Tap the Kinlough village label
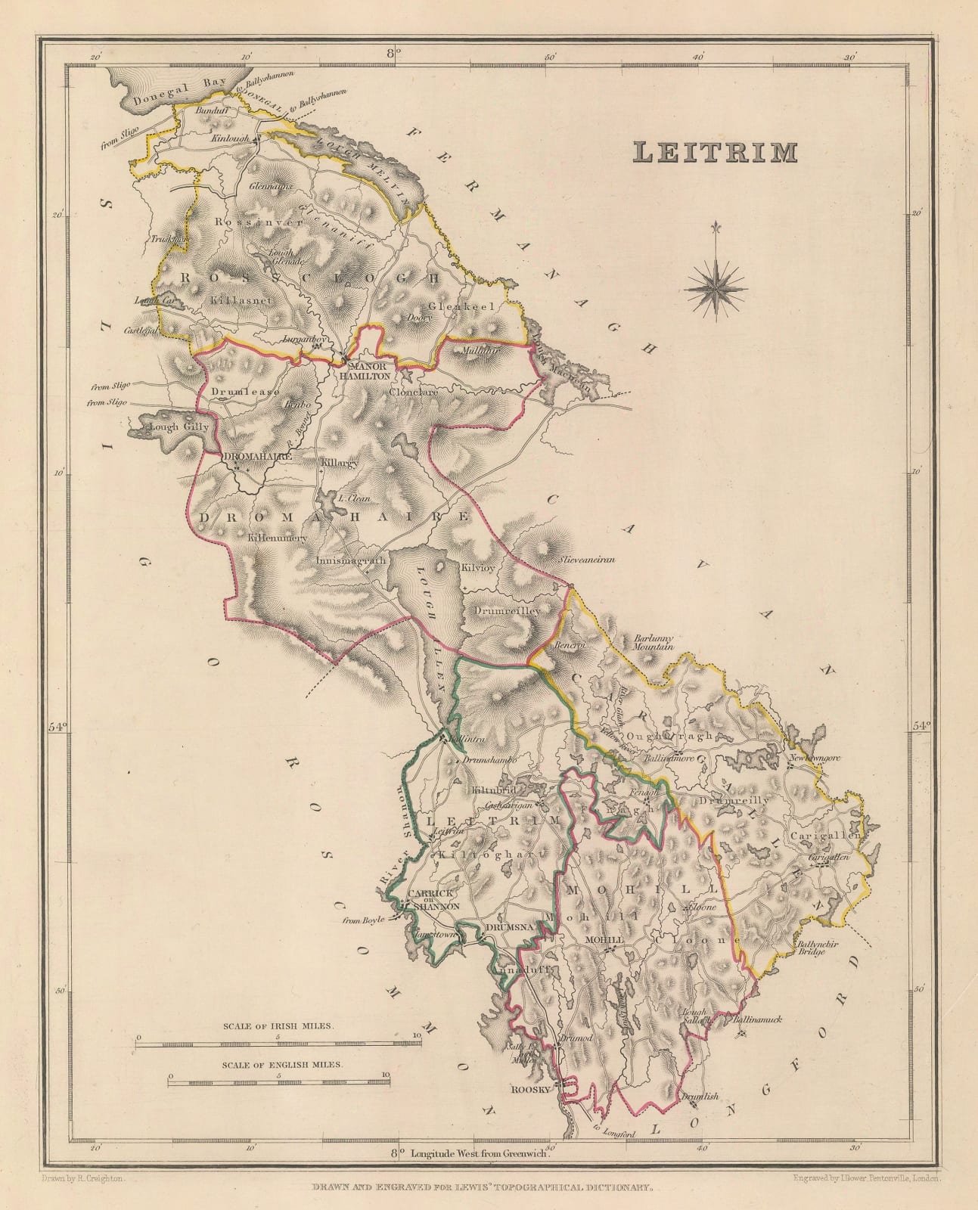coord(232,141)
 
